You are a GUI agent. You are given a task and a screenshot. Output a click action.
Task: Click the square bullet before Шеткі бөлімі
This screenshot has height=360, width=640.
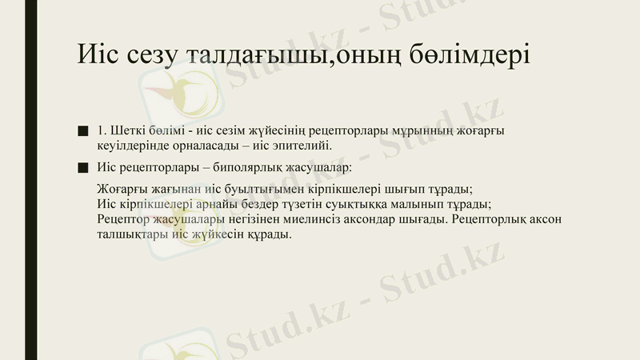82,130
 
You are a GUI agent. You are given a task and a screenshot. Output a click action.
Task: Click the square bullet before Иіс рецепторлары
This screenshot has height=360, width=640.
82,168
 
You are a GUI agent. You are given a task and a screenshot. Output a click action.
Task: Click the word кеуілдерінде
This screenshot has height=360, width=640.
131,146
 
